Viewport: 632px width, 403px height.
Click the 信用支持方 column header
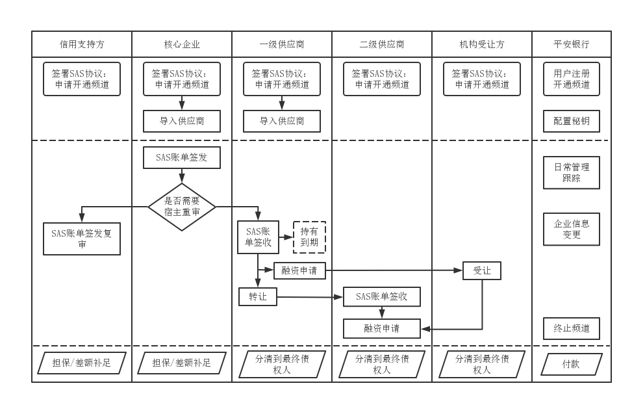click(x=82, y=45)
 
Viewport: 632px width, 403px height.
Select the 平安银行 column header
click(x=572, y=45)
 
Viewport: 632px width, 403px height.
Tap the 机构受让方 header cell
click(x=482, y=45)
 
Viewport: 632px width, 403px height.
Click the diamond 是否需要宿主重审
click(x=182, y=206)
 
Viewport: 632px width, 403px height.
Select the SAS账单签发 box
click(x=182, y=157)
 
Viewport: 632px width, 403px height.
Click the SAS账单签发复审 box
click(x=82, y=239)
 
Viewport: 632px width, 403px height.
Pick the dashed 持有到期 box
click(x=309, y=237)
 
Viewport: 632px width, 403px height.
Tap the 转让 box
click(x=258, y=297)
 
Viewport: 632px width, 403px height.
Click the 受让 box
click(x=482, y=270)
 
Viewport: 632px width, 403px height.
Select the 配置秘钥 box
click(x=572, y=121)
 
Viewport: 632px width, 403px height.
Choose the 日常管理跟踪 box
click(x=572, y=172)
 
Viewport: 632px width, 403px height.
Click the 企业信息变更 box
click(x=572, y=229)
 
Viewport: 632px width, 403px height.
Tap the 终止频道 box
click(x=572, y=328)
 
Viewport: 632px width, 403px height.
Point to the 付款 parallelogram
click(x=572, y=364)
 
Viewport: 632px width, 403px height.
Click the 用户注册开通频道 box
click(x=572, y=79)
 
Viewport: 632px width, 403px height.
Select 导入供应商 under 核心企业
click(x=182, y=121)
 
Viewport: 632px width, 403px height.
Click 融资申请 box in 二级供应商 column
click(x=382, y=328)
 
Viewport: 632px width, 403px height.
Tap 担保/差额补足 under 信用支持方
click(x=82, y=363)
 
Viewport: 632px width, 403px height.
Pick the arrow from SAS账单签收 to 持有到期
click(x=286, y=237)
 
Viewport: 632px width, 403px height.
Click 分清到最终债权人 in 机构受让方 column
click(x=482, y=364)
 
